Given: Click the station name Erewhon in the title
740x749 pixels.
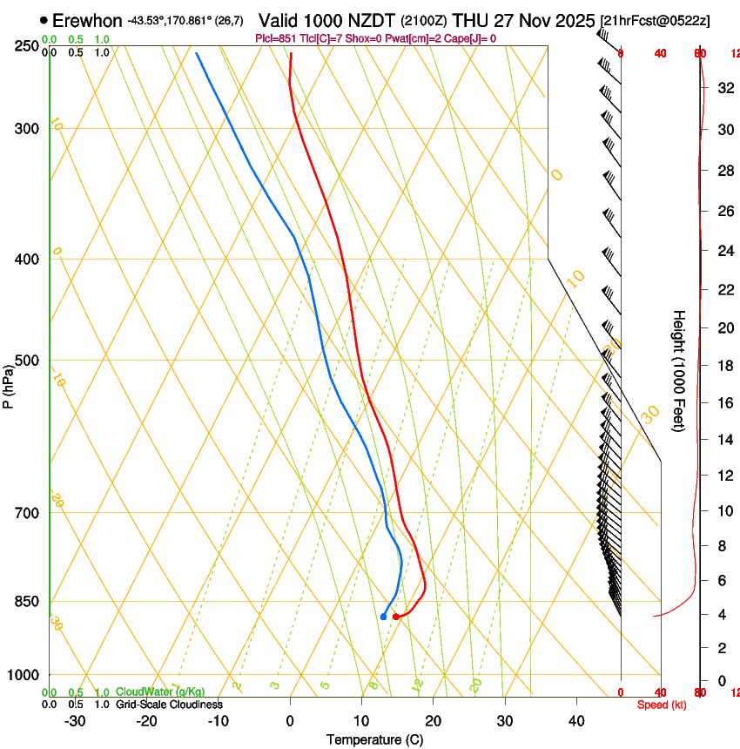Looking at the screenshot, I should coord(87,20).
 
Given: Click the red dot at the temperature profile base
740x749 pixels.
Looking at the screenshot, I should coord(396,617).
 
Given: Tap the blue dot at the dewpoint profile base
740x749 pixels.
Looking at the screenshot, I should coord(383,617).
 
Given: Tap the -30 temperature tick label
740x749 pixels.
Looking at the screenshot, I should coord(75,721).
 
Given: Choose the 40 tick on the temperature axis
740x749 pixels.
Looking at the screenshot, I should coord(576,721).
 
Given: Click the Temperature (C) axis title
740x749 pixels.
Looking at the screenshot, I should coord(374,739).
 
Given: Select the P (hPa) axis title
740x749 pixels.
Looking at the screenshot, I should coord(9,383).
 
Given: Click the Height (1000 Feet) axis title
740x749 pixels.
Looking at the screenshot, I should coord(679,370).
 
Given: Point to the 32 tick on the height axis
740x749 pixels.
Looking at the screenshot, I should coord(723,88).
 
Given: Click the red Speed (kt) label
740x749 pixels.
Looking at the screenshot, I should coord(662,705).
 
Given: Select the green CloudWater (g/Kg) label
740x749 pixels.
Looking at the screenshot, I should coord(161,692).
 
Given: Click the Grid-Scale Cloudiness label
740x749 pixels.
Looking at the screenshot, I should coord(169,705).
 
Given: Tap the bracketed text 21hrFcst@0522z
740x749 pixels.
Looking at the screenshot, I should coord(655,20).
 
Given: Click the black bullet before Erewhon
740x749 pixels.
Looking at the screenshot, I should coord(44,20).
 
